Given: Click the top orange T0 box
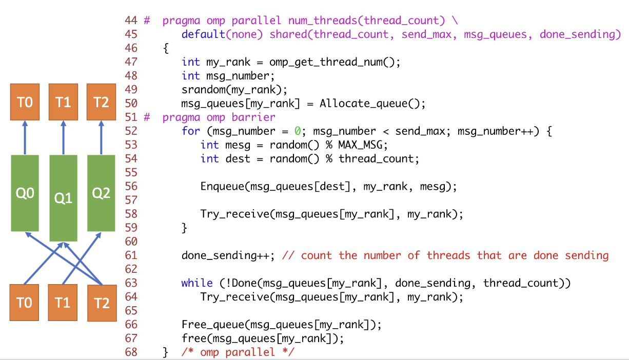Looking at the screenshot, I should click(25, 103).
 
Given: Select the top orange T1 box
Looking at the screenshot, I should click(63, 103).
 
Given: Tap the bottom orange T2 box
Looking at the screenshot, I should click(102, 303).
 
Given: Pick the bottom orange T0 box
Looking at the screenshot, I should click(25, 303).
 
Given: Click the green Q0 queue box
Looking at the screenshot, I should click(25, 193).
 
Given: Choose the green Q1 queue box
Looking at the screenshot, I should click(63, 198).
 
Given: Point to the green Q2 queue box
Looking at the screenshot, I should click(101, 193).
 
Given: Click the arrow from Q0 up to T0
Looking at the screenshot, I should click(25, 137).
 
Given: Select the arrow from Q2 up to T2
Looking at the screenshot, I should click(101, 137).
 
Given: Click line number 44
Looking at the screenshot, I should click(131, 21).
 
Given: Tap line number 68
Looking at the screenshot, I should click(131, 352).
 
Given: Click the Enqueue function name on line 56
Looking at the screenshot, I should click(222, 187).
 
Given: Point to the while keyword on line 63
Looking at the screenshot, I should click(197, 283).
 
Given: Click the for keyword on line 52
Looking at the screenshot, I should click(191, 131).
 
